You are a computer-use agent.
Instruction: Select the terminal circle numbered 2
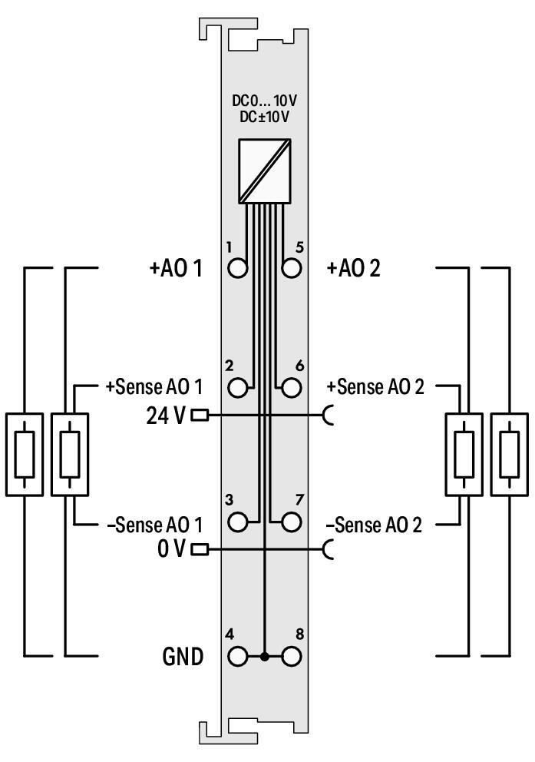(x=239, y=387)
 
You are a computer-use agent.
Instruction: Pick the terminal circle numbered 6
(x=291, y=387)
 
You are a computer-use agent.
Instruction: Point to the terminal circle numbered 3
(x=239, y=522)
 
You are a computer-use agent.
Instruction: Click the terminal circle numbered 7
(x=291, y=522)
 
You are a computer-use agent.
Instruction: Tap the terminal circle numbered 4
(x=239, y=657)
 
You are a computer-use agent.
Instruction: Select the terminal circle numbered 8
(x=291, y=657)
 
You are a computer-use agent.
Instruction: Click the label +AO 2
(x=353, y=269)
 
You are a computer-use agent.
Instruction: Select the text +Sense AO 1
(x=154, y=387)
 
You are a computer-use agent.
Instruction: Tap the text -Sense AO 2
(x=375, y=525)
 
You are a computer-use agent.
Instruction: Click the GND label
(x=183, y=658)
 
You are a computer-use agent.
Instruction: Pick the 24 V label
(x=165, y=416)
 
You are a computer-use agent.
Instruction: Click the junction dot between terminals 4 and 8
(x=265, y=657)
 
